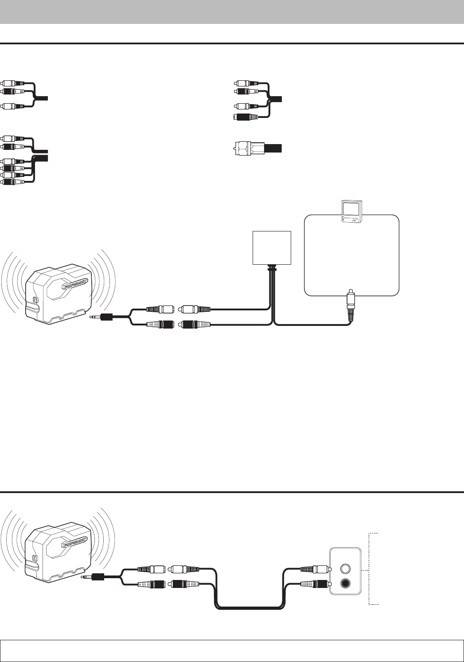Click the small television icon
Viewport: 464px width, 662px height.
click(350, 212)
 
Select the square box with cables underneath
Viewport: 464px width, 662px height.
click(272, 248)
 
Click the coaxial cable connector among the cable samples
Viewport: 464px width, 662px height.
click(248, 147)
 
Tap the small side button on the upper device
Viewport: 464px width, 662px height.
click(36, 298)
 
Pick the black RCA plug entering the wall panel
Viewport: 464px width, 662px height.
click(315, 584)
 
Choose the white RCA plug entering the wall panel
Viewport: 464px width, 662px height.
click(315, 568)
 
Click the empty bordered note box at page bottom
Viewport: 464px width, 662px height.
click(232, 650)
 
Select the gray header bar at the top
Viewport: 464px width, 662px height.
click(232, 12)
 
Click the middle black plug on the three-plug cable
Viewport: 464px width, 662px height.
click(13, 91)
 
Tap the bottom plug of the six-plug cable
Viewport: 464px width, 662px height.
click(13, 182)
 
